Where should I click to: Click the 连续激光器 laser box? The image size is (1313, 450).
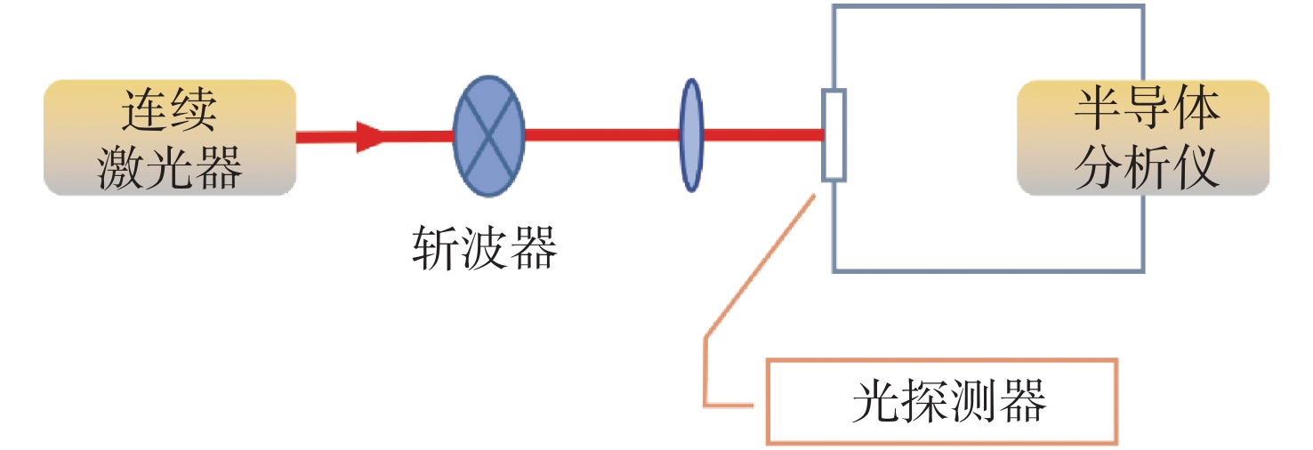[169, 138]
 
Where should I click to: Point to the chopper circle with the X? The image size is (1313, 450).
[488, 136]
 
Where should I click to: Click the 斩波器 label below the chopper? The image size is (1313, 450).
[485, 248]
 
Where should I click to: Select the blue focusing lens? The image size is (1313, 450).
[691, 135]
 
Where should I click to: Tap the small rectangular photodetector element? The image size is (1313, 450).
[834, 135]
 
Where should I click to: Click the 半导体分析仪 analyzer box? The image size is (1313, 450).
[1143, 138]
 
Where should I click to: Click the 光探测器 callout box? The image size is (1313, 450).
[941, 401]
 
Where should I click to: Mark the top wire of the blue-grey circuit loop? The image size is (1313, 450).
[987, 7]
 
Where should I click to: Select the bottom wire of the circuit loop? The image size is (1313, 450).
[987, 269]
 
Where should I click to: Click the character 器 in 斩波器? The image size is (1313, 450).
[534, 248]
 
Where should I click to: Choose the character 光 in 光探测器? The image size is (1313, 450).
[874, 402]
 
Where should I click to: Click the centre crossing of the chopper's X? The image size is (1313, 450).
[488, 136]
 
